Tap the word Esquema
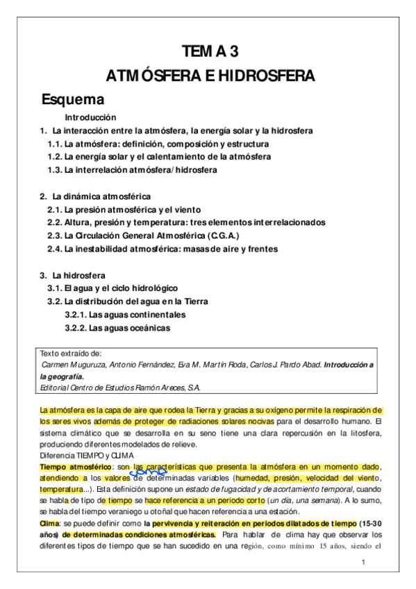click(72, 99)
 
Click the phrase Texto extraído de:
click(71, 353)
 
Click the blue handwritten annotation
click(145, 472)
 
